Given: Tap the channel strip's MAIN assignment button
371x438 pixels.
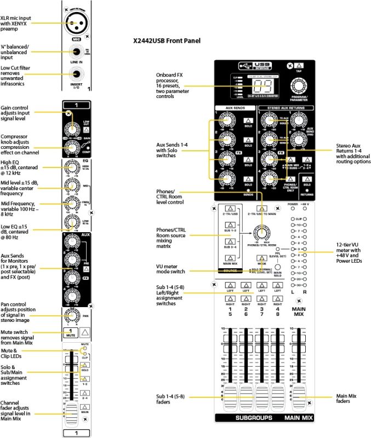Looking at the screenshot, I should point(84,407).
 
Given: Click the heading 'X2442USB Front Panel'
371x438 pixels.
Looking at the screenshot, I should point(167,41).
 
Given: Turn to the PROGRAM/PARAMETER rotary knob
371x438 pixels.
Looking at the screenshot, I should point(299,87).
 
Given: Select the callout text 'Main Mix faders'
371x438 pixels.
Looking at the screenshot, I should point(351,399).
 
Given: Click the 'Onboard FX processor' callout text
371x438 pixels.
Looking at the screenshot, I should point(175,84).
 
